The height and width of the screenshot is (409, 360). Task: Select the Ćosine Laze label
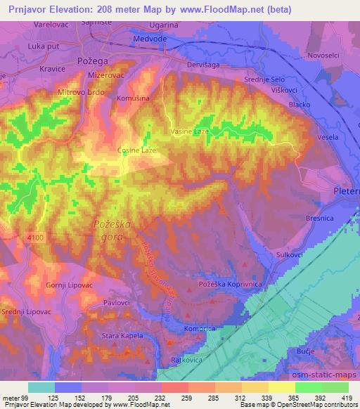click(136, 150)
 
